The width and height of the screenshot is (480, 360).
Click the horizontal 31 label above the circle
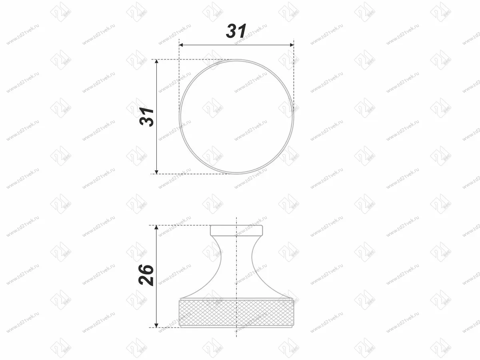click(236, 31)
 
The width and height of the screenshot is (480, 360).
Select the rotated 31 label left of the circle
click(148, 117)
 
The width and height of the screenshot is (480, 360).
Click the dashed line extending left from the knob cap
click(180, 225)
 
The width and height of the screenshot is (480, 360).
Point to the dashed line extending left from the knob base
click(168, 328)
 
